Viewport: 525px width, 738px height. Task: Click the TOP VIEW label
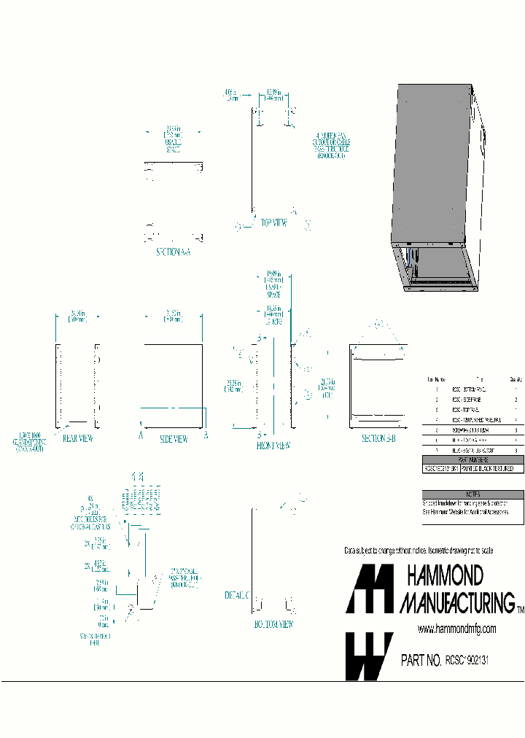point(273,224)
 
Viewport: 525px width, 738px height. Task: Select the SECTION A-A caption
point(173,252)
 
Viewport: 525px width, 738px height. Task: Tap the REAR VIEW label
point(77,438)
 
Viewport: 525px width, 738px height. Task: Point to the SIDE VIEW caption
point(173,439)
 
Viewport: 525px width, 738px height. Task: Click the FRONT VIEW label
point(273,445)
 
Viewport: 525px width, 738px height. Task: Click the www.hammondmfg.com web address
point(456,629)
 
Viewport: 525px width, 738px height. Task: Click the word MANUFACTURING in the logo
point(456,602)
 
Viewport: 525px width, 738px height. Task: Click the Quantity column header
point(515,379)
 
